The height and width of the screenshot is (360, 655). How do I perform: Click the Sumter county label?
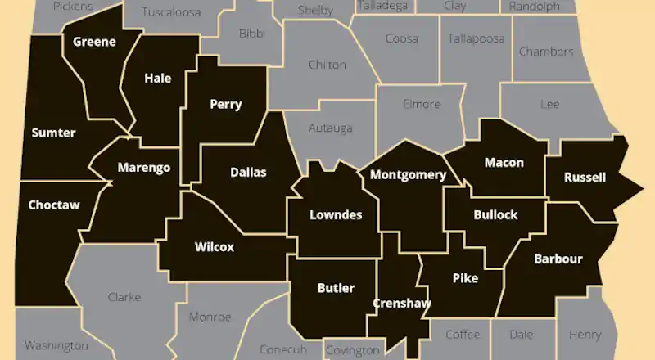(x=53, y=133)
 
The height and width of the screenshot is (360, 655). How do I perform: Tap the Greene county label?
(x=94, y=42)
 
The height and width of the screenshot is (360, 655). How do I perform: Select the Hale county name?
(x=157, y=79)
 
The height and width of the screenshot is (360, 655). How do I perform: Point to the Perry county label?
(x=225, y=104)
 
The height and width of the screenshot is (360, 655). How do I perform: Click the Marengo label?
(x=143, y=168)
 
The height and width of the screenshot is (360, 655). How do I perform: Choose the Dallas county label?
(x=248, y=172)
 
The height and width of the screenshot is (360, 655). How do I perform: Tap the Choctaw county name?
(x=54, y=205)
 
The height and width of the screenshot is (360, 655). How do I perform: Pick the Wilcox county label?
(x=215, y=246)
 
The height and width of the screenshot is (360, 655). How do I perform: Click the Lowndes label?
(x=336, y=215)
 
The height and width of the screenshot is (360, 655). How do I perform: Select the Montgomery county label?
(x=408, y=174)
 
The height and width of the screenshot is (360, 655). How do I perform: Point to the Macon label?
(x=504, y=162)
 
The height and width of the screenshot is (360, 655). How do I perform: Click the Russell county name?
(x=585, y=177)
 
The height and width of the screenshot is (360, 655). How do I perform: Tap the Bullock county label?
(x=495, y=215)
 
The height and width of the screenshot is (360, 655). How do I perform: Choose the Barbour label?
(x=558, y=259)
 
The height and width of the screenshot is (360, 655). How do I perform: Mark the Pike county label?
(x=465, y=278)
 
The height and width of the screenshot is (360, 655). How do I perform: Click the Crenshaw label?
(x=402, y=303)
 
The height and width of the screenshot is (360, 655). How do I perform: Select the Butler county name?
(x=336, y=287)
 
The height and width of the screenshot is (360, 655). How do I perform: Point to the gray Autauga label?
(x=330, y=128)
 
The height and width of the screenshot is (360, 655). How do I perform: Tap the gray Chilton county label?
(x=327, y=65)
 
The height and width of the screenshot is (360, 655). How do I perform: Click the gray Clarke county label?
(x=124, y=297)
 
